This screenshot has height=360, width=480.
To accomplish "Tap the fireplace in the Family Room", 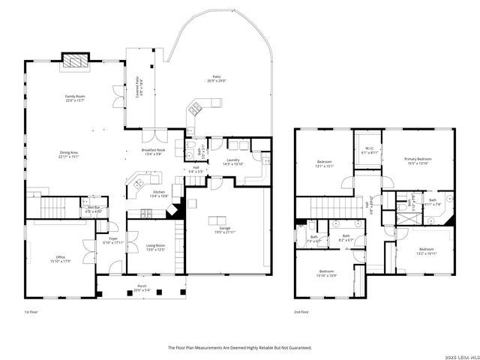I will pyautogui.click(x=73, y=61).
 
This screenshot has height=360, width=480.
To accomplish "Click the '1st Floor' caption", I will pyautogui.click(x=30, y=313).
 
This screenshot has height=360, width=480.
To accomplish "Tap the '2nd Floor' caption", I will pyautogui.click(x=302, y=313).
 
